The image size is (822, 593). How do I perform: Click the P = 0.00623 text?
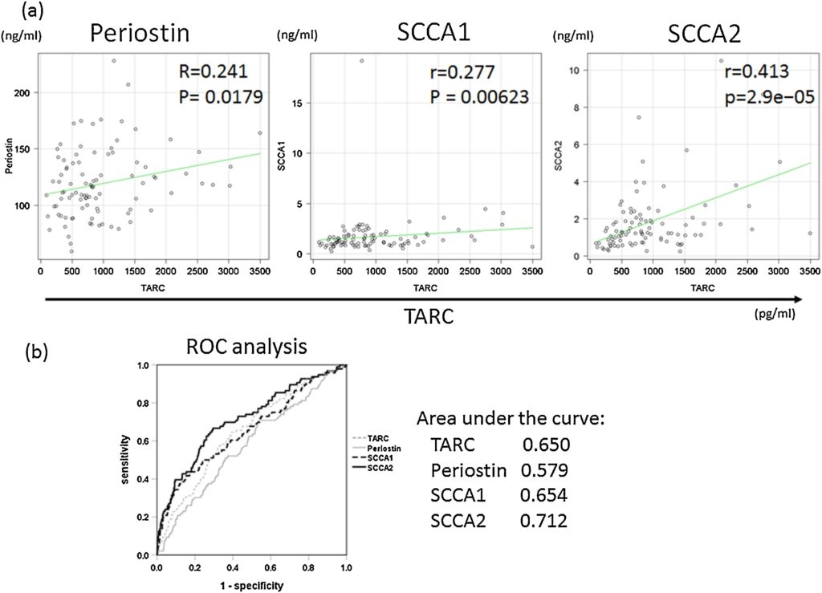[x=469, y=101]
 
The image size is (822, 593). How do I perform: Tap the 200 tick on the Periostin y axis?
[x=27, y=93]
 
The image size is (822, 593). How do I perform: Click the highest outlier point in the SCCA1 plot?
[x=361, y=60]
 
